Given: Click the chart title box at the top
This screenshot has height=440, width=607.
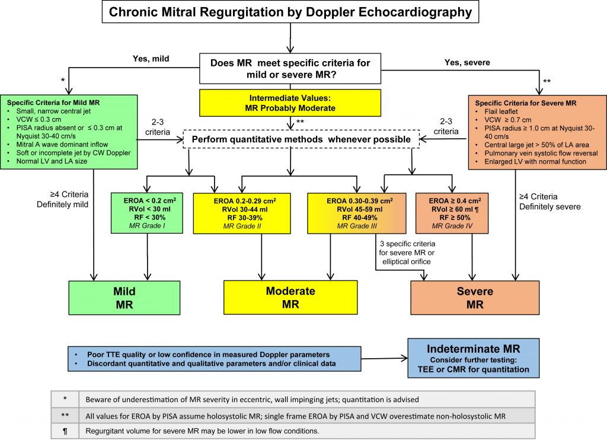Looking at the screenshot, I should pyautogui.click(x=290, y=12).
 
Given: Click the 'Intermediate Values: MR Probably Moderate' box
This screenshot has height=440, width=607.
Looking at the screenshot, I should pyautogui.click(x=290, y=102).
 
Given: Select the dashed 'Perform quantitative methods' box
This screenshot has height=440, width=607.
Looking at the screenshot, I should pyautogui.click(x=291, y=139).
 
